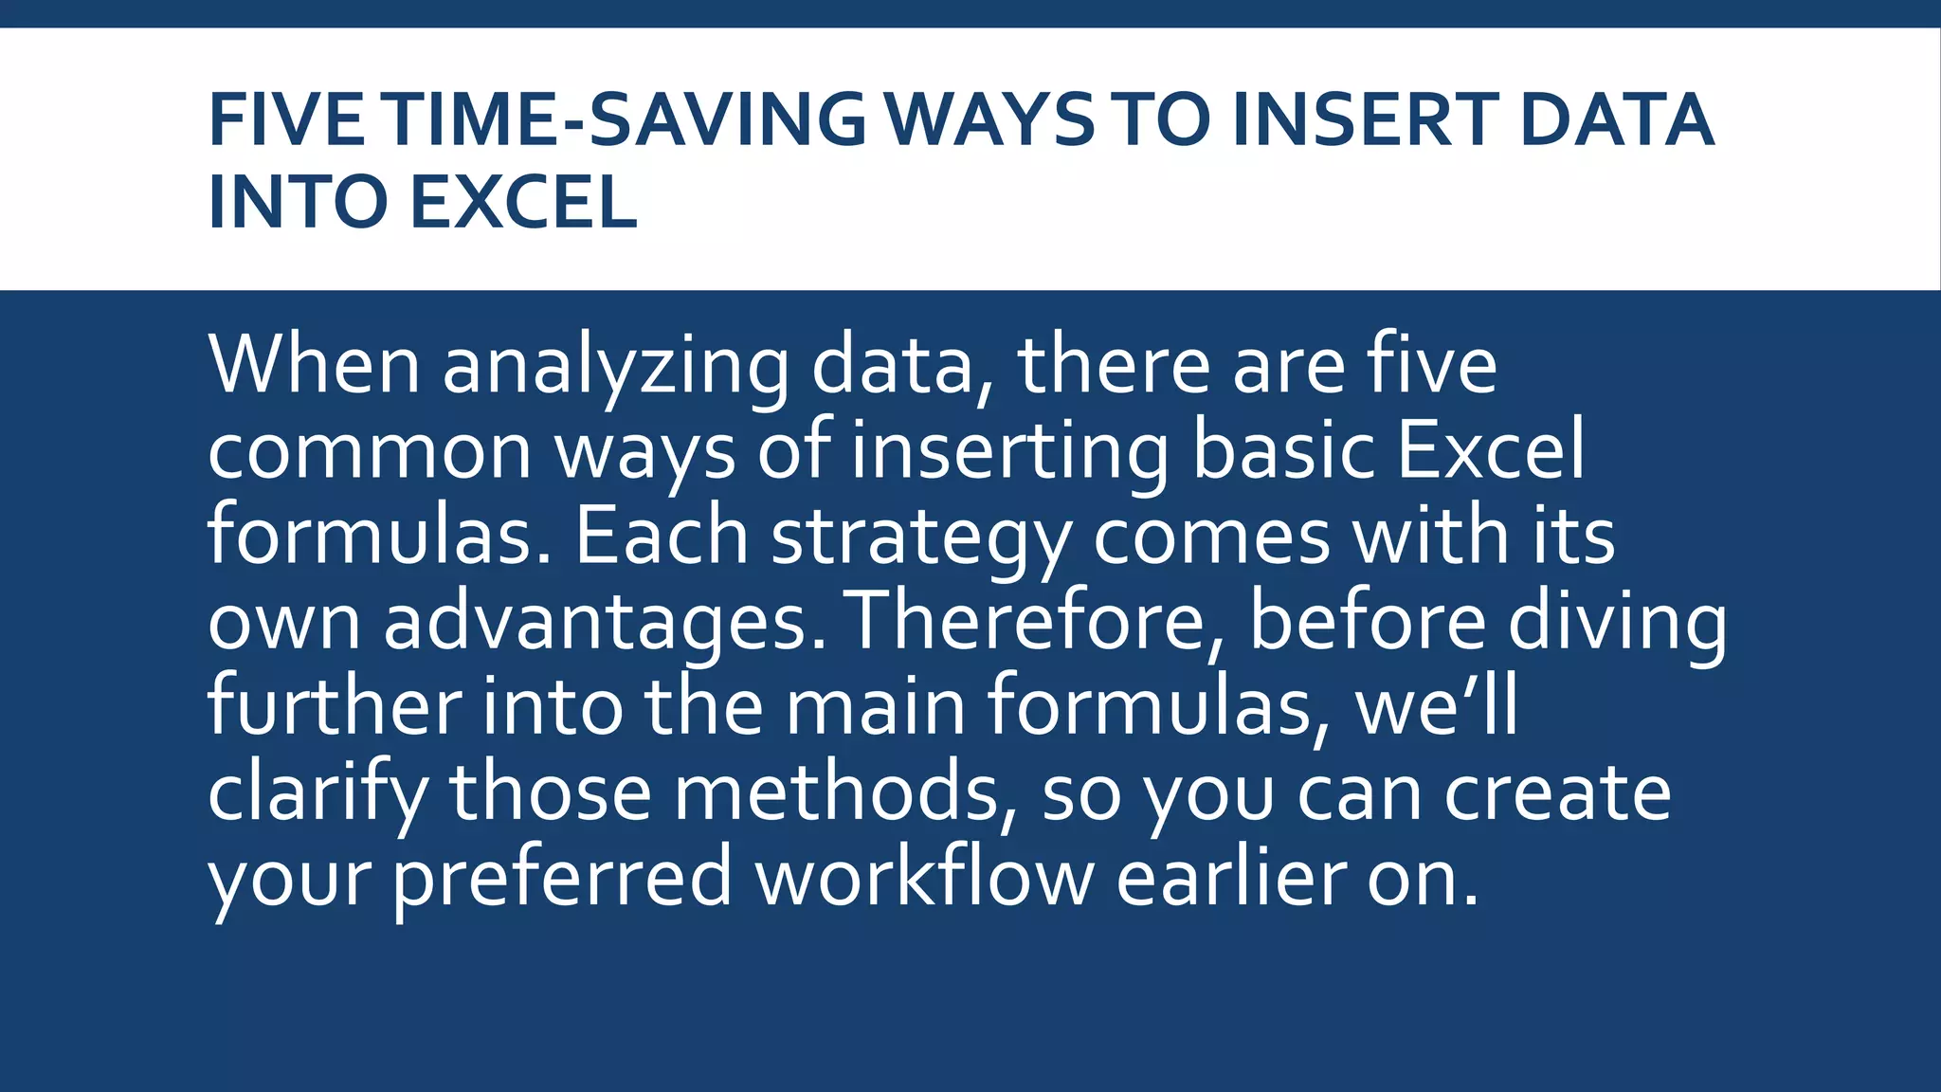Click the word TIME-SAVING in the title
[626, 120]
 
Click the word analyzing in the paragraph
[615, 368]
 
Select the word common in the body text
[370, 452]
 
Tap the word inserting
[1010, 452]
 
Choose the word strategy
[920, 538]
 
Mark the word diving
[1617, 622]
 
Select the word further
[335, 705]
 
